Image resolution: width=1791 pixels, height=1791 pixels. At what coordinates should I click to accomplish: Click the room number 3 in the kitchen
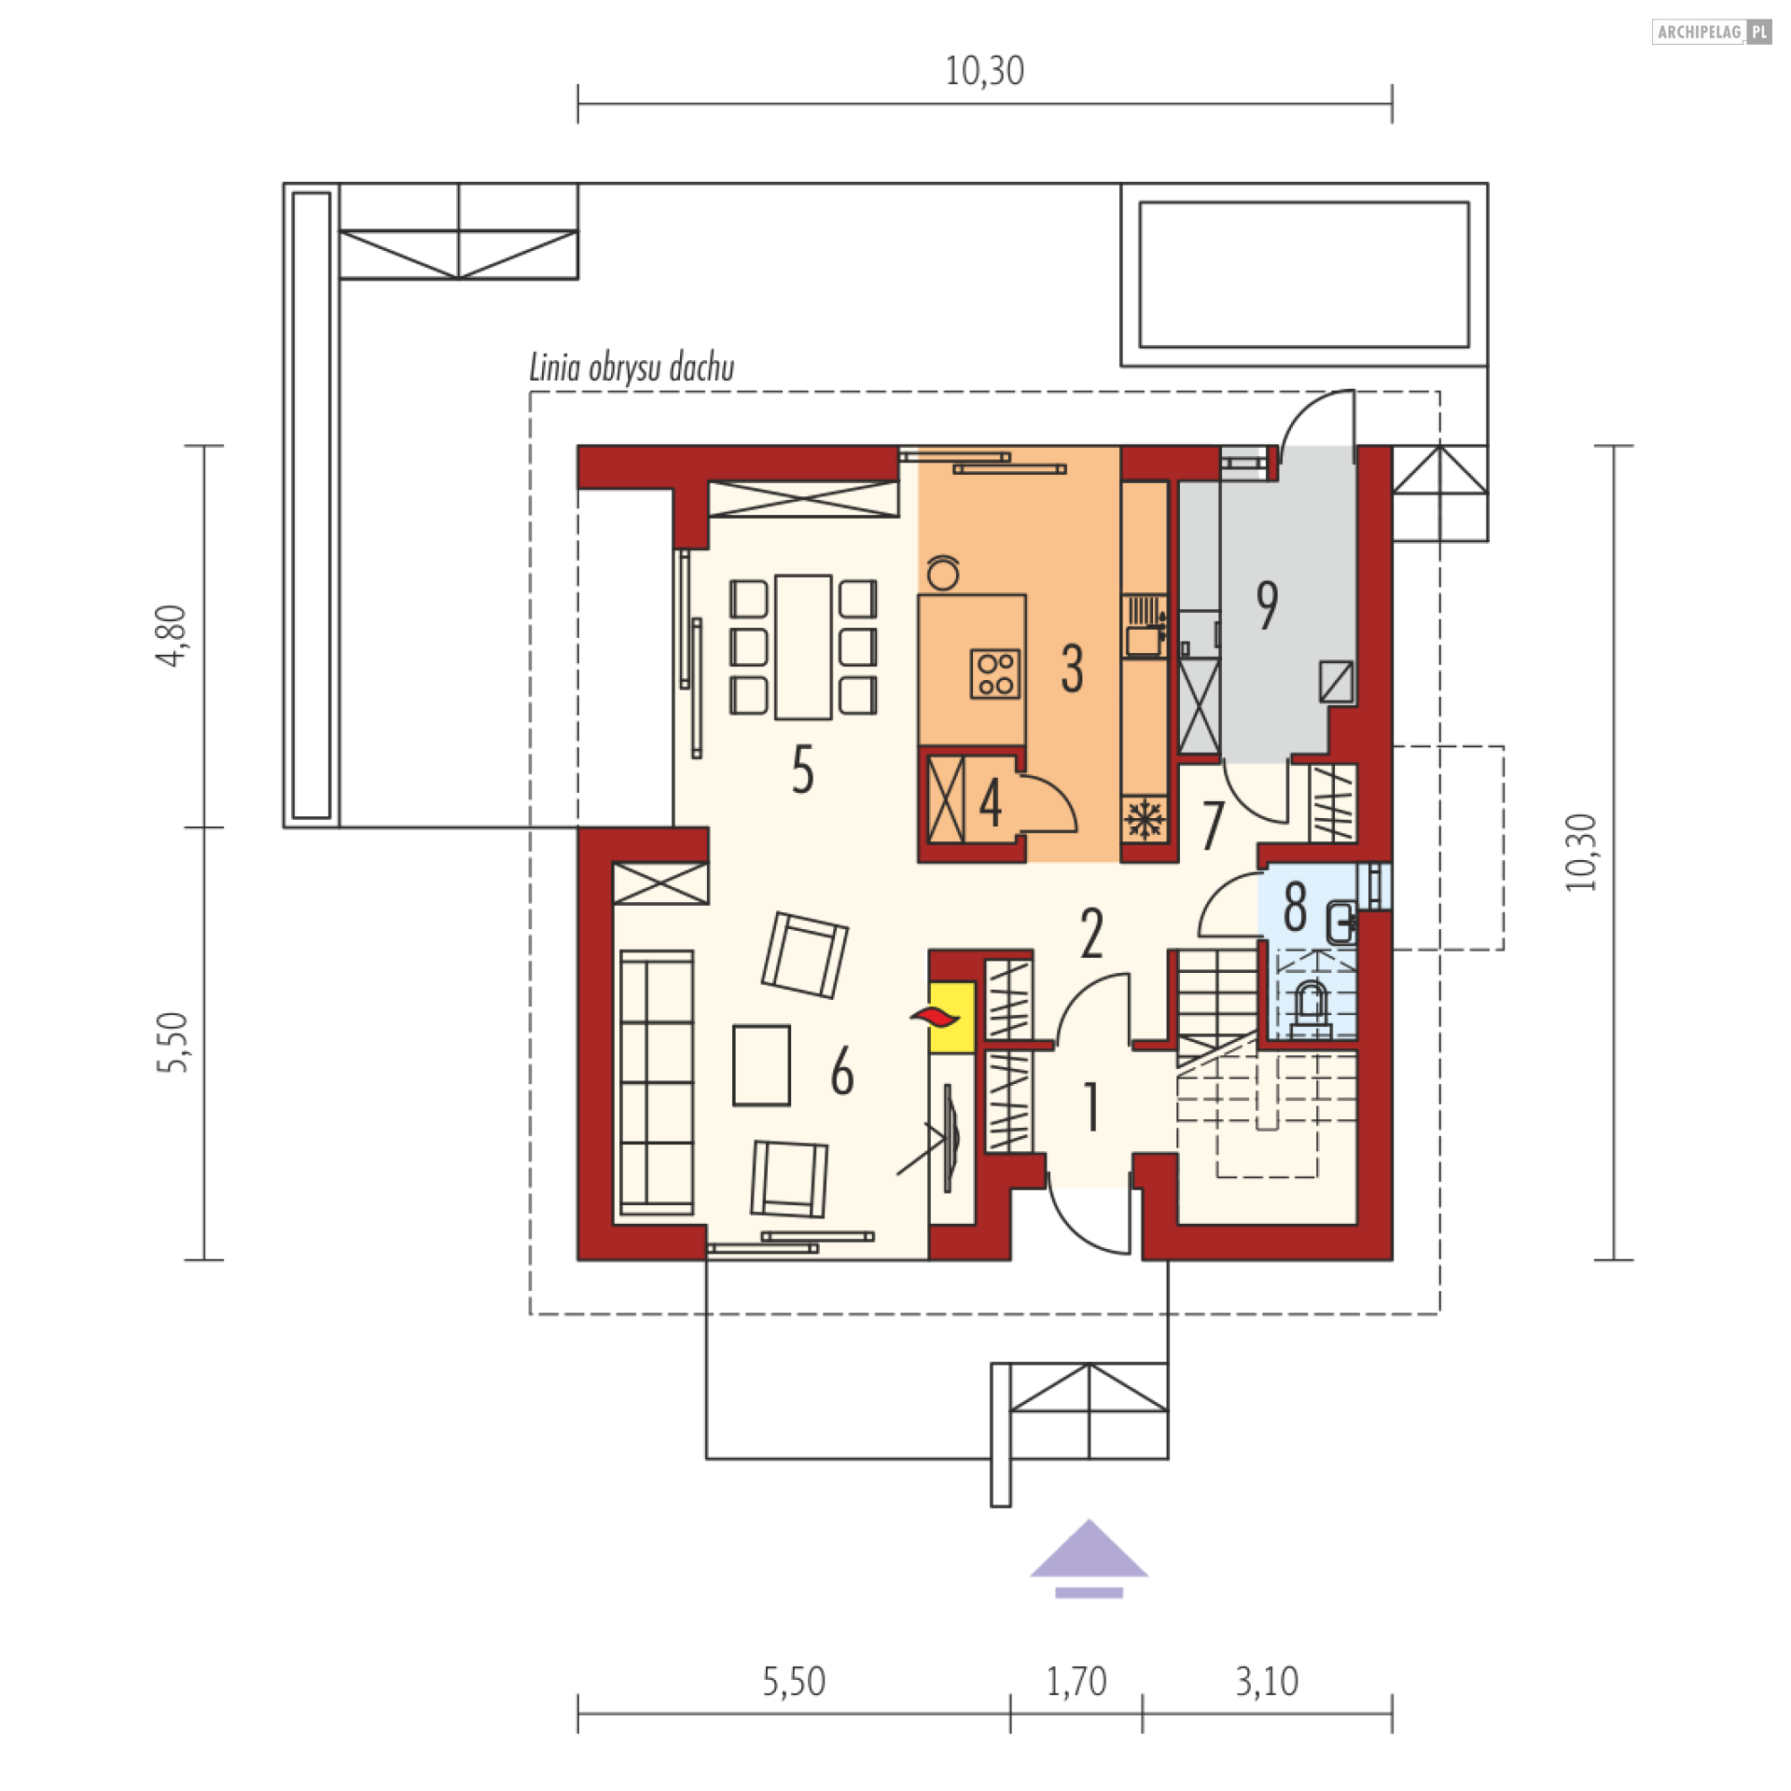[x=1072, y=669]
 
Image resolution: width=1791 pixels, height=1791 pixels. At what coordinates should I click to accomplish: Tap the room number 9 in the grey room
[x=1266, y=605]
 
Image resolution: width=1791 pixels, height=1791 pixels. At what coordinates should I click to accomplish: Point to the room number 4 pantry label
[x=990, y=804]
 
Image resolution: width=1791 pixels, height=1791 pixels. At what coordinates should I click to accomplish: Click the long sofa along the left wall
[x=656, y=1082]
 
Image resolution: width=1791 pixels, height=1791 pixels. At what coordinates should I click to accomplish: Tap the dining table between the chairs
[x=803, y=647]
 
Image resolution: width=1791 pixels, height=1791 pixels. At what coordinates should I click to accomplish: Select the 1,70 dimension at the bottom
[x=1076, y=1682]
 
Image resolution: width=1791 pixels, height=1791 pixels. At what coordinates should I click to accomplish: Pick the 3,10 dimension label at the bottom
[x=1267, y=1682]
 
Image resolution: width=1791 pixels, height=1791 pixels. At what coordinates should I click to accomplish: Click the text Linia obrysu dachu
[x=632, y=369]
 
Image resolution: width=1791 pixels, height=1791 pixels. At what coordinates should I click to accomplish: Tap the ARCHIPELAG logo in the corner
[x=1710, y=33]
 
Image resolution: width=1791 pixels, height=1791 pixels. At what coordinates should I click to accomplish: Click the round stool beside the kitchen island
[x=943, y=572]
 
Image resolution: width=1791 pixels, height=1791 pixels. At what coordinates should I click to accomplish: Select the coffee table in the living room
[x=761, y=1064]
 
